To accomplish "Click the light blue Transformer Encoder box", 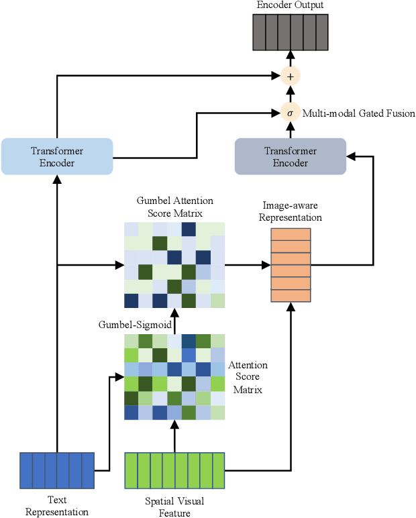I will click(56, 157).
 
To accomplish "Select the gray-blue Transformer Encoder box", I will click(290, 156).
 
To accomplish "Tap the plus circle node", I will click(290, 76).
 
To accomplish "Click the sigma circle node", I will click(290, 113).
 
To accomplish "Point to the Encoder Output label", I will click(290, 5).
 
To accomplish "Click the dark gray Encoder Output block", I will click(290, 32).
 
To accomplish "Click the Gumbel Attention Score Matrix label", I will click(174, 207).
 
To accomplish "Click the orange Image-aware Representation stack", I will click(291, 265).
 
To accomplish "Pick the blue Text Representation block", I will click(56, 470).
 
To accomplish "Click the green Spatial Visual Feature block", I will click(174, 470).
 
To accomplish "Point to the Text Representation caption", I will click(56, 507).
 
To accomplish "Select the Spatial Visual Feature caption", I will click(174, 507).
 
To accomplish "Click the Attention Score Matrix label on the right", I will click(248, 377).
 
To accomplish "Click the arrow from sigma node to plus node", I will click(290, 95).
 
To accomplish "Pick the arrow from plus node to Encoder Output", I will click(290, 59).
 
